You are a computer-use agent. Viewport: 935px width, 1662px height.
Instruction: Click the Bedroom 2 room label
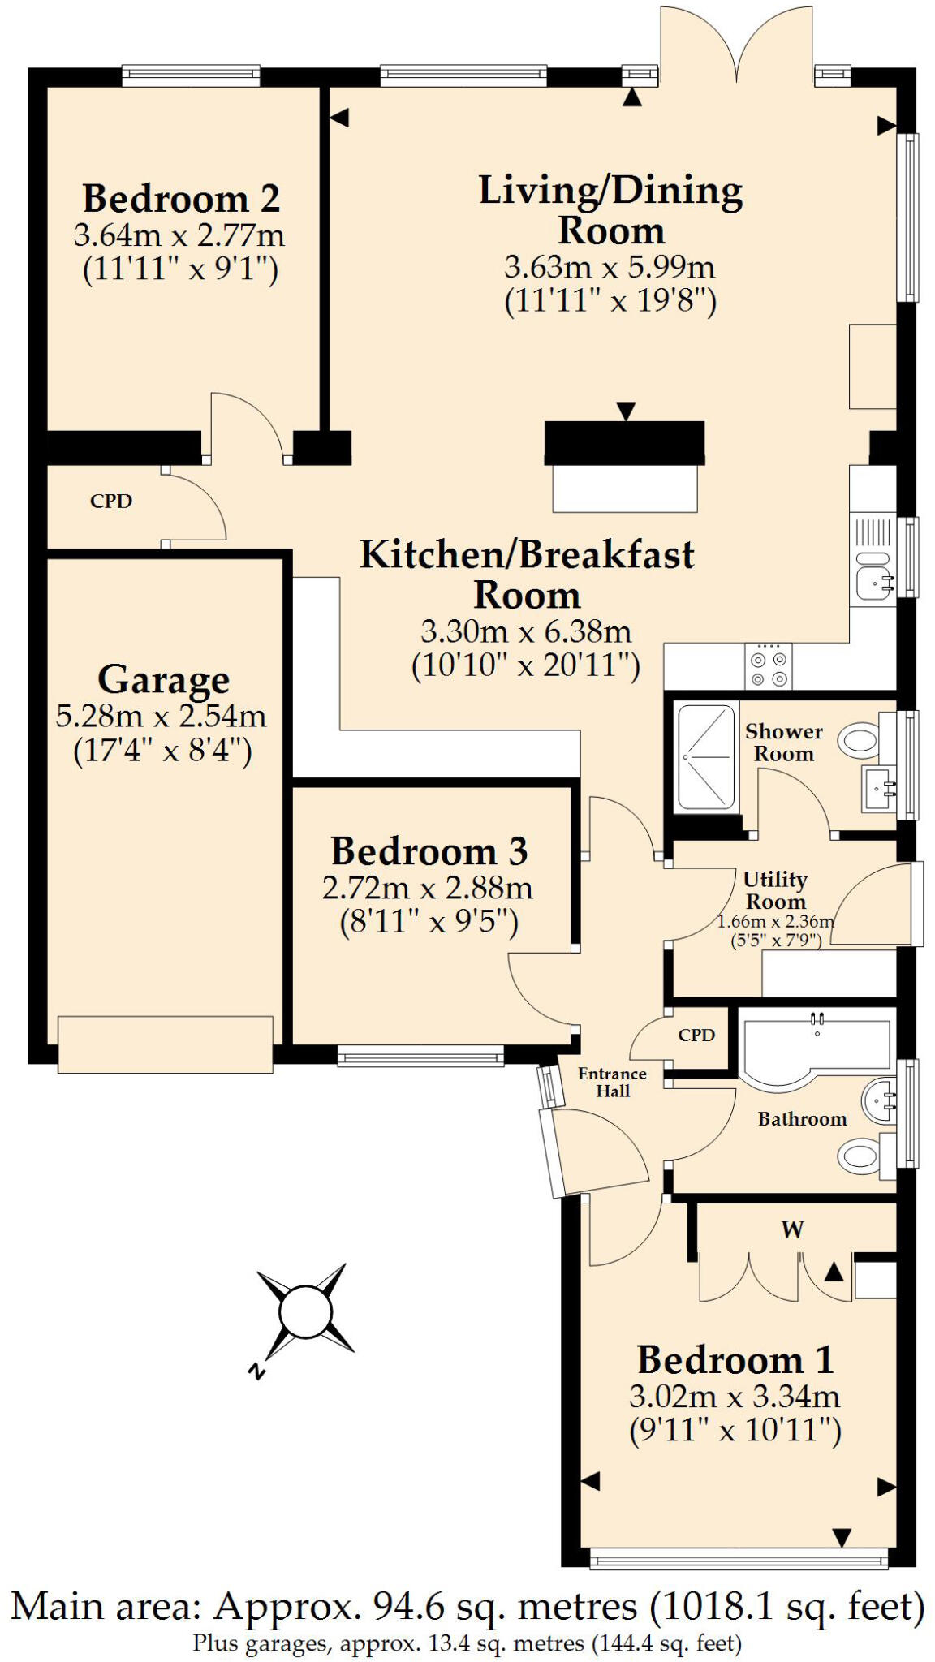181,198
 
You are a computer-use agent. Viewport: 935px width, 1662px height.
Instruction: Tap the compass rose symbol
305,1312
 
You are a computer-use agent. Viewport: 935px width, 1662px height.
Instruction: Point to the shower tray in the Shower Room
705,757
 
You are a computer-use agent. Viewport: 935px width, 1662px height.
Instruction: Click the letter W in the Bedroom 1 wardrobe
792,1229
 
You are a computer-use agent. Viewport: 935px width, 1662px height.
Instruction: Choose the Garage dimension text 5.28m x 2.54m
161,716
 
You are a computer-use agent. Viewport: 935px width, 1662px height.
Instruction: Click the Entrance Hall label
612,1083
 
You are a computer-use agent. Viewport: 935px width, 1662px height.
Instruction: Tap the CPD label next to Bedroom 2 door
111,502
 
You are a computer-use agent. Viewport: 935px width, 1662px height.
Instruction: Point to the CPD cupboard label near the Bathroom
696,1036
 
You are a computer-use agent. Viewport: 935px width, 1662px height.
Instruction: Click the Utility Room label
775,890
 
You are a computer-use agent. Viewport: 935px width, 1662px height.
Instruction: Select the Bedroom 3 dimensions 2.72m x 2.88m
427,888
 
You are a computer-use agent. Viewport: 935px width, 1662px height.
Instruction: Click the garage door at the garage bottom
165,1044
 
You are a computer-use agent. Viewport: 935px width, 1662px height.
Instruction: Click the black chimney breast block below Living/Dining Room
623,442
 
